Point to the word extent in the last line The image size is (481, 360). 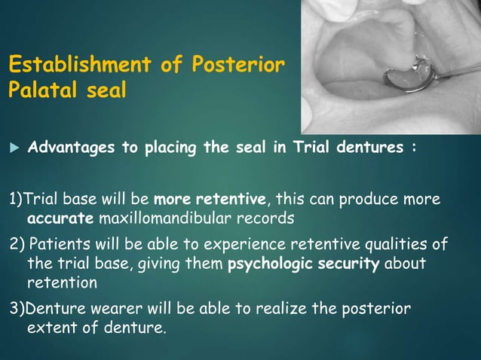(51, 328)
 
